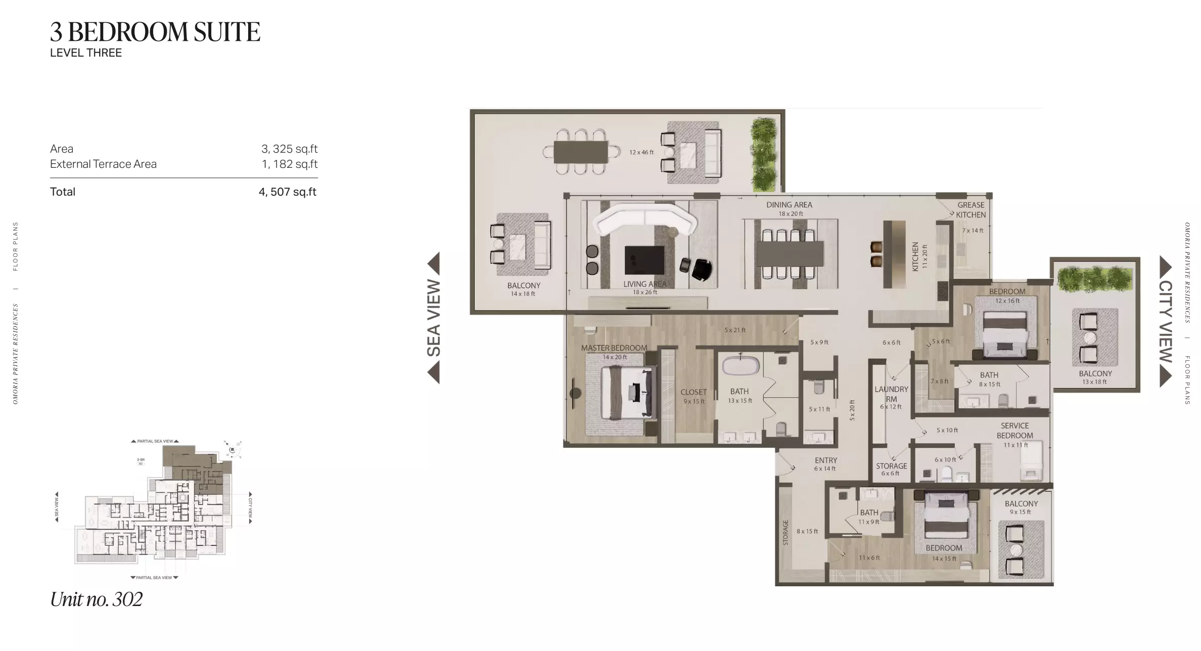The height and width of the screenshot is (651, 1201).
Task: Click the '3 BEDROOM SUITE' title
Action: pos(155,32)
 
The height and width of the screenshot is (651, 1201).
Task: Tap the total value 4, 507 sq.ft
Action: pos(287,192)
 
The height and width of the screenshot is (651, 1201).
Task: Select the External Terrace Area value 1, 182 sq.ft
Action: pos(289,164)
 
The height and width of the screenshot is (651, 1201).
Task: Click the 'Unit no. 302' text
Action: pos(96,599)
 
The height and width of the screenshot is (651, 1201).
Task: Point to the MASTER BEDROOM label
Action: pos(614,348)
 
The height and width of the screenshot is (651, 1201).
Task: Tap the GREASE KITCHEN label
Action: pos(971,210)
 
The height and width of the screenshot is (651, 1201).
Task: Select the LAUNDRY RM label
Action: pos(891,394)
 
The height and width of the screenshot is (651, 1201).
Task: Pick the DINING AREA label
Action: pos(789,205)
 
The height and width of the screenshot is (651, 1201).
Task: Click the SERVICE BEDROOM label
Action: pos(1014,431)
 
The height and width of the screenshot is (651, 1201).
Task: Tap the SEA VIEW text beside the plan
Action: pos(434,318)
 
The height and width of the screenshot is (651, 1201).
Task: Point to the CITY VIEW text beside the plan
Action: pos(1165,321)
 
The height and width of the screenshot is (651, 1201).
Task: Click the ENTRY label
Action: pos(825,460)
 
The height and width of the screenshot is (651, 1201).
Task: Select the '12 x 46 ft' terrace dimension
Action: pos(641,152)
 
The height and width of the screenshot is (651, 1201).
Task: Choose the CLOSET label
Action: pos(693,392)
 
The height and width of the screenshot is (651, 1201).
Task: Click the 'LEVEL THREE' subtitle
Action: pos(86,53)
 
